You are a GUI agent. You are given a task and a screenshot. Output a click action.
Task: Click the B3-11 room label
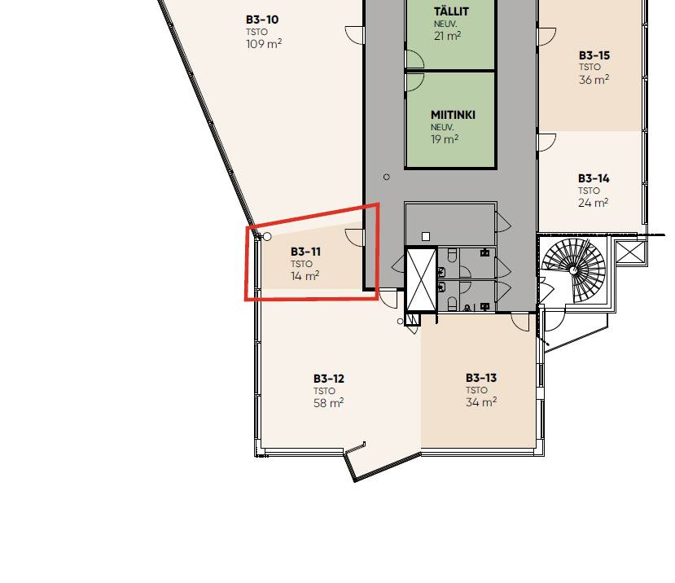[x=305, y=252]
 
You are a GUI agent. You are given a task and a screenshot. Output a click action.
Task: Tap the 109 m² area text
[x=264, y=43]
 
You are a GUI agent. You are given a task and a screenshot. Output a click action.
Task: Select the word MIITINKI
[x=453, y=115]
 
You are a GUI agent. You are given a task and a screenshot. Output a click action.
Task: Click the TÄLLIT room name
[x=451, y=11]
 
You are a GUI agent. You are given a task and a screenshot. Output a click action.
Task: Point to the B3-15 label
[x=594, y=55]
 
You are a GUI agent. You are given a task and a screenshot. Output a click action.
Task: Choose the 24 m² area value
[x=594, y=203]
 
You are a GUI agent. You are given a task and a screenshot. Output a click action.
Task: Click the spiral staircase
[x=573, y=270]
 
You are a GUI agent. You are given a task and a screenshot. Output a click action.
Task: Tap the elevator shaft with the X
[x=421, y=279]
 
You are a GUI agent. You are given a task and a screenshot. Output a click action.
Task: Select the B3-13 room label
[x=481, y=378]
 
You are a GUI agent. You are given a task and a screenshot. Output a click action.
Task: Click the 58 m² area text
[x=328, y=402]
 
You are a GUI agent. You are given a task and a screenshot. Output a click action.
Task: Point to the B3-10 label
[x=262, y=20]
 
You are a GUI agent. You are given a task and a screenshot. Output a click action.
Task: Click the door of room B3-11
[x=355, y=238]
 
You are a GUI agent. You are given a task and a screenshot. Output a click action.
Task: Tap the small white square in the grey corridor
[x=426, y=236]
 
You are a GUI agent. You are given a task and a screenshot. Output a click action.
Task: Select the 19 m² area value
[x=445, y=139]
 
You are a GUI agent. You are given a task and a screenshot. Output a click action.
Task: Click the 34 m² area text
[x=481, y=401]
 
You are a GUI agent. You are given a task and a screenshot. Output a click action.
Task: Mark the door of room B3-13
[x=520, y=322]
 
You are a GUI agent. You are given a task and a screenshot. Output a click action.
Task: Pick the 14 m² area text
[x=305, y=275]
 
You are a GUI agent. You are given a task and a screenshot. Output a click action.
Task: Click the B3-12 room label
[x=329, y=379]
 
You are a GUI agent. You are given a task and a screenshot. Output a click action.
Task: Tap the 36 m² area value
[x=594, y=79]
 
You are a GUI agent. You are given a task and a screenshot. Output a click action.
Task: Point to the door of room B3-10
[x=355, y=34]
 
